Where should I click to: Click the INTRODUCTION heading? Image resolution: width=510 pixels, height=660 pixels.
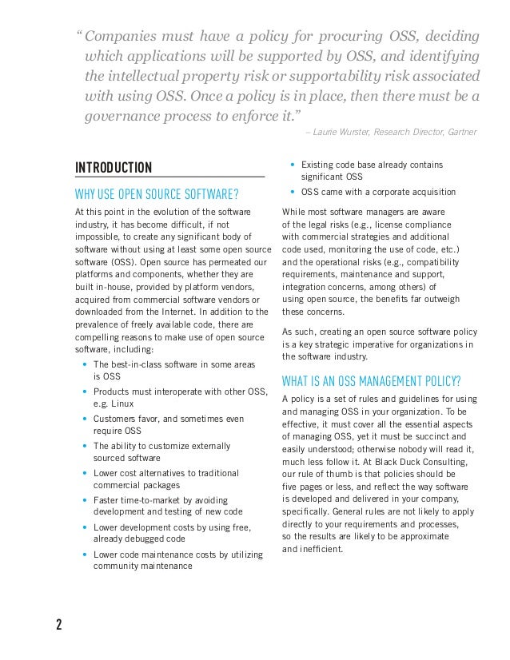[113, 167]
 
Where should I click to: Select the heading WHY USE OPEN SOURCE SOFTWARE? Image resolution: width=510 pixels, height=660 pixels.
[157, 193]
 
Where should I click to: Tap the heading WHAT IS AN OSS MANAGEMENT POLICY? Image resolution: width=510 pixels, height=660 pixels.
[371, 380]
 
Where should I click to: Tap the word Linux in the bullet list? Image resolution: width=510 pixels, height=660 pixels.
[124, 404]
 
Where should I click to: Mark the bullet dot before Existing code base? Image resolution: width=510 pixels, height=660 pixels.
[293, 165]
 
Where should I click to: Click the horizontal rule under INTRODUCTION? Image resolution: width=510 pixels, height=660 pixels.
[169, 177]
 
